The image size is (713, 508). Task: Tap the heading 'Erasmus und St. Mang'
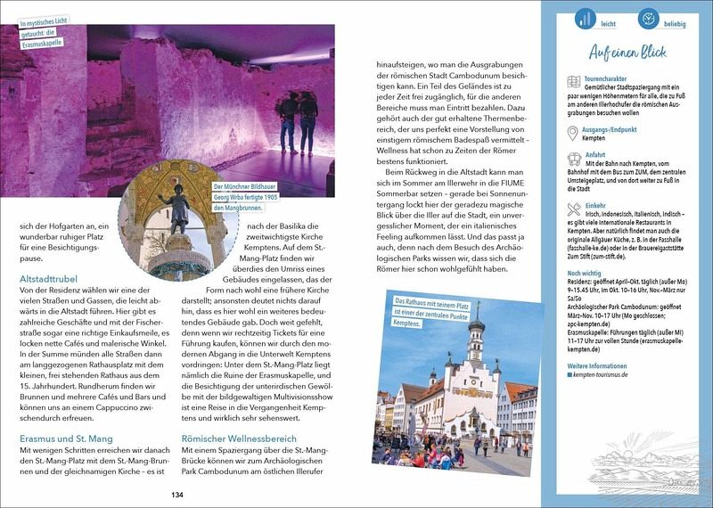pyautogui.click(x=67, y=438)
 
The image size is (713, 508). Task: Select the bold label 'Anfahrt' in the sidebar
pyautogui.click(x=595, y=154)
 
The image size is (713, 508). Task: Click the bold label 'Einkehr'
pyautogui.click(x=596, y=206)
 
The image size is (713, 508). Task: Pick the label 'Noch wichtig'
pyautogui.click(x=589, y=272)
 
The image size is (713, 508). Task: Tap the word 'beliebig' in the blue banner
pyautogui.click(x=674, y=23)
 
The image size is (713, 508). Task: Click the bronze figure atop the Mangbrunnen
pyautogui.click(x=178, y=207)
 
